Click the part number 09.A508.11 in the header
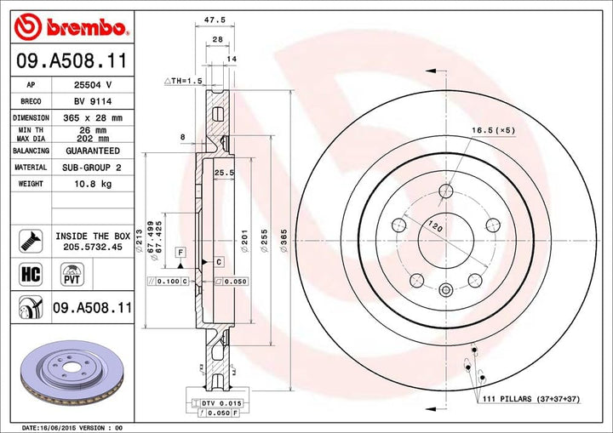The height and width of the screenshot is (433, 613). pyautogui.click(x=70, y=61)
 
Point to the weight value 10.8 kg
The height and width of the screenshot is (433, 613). pyautogui.click(x=88, y=184)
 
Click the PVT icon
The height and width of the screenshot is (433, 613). pyautogui.click(x=72, y=272)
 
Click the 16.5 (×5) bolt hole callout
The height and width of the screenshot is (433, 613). pyautogui.click(x=491, y=130)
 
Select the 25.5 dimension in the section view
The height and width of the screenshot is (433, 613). pyautogui.click(x=225, y=173)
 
